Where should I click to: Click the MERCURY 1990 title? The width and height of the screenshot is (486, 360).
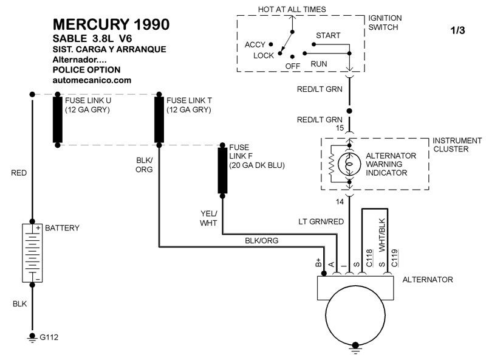111,24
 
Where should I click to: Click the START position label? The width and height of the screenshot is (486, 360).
328,36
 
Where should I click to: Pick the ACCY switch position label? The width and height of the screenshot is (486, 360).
255,44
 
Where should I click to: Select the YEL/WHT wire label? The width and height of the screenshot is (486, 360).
209,218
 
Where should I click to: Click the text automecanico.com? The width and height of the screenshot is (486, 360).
92,80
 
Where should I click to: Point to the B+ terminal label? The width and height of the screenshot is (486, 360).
318,262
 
